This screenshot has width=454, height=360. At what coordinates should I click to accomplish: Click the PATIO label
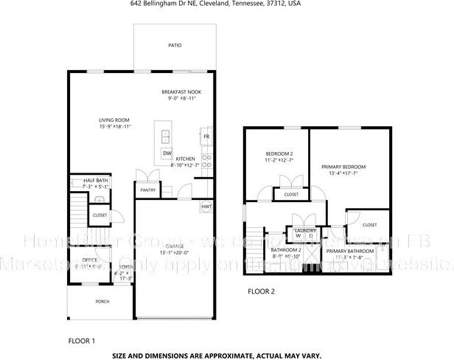[x=175, y=45]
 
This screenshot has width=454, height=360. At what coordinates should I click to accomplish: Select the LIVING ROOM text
[x=114, y=120]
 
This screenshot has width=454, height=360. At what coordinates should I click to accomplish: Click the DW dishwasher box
[x=167, y=153]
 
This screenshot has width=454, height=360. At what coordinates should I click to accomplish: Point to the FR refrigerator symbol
[x=206, y=136]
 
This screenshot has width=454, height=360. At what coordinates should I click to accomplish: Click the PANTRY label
[x=147, y=190]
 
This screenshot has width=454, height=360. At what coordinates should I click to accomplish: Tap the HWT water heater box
[x=206, y=207]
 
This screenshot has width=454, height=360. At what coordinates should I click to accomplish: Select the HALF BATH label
[x=96, y=181]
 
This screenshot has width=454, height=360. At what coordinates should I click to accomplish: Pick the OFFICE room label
[x=90, y=260]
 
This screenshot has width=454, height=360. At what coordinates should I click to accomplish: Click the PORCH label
[x=102, y=302]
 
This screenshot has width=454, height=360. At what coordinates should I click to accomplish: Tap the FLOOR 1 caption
[x=82, y=341]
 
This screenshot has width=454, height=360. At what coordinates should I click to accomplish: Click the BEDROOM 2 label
[x=279, y=153]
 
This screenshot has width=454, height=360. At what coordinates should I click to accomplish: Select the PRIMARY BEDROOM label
[x=343, y=167]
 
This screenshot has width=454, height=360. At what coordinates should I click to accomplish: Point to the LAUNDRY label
[x=305, y=230]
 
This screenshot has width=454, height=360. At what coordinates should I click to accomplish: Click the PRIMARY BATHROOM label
[x=349, y=251]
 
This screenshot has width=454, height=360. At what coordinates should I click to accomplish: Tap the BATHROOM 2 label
[x=285, y=250]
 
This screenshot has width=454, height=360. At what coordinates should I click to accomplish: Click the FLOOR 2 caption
[x=260, y=291]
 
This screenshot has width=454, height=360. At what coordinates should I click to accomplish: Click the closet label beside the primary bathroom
[x=369, y=224]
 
